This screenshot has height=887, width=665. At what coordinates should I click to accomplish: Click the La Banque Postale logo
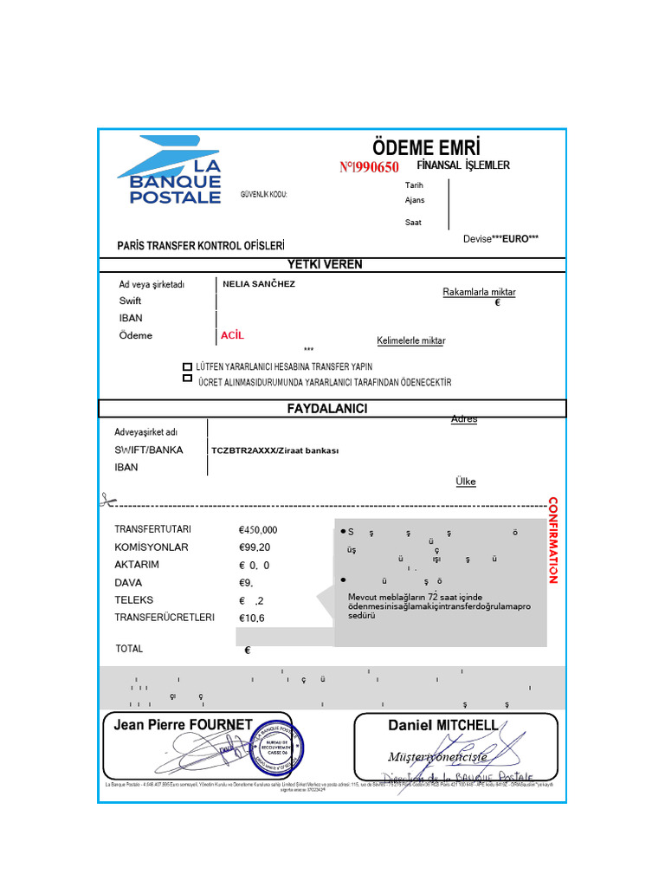click(169, 171)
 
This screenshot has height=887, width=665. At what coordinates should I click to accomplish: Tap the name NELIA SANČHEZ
click(259, 284)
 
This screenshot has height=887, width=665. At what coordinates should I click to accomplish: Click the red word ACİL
click(232, 334)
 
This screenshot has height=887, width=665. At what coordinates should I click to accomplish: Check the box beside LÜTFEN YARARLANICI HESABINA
click(188, 366)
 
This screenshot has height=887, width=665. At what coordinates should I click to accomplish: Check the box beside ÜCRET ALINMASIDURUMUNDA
click(188, 379)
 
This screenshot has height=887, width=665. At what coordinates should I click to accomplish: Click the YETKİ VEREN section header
click(325, 264)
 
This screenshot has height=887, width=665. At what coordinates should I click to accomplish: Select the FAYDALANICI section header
click(327, 408)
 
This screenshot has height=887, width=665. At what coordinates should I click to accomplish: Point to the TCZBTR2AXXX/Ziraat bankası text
click(274, 450)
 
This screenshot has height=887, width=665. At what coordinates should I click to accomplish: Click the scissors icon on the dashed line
click(107, 500)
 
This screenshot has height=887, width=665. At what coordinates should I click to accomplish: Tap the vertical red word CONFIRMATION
click(552, 541)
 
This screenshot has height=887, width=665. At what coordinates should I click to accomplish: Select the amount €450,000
click(258, 530)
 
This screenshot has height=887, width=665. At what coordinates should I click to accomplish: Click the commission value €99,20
click(255, 547)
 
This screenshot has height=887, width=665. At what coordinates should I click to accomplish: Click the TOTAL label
click(129, 649)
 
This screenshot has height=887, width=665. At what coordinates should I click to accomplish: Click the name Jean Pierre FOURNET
click(183, 725)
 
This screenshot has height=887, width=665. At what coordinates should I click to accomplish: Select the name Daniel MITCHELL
click(442, 725)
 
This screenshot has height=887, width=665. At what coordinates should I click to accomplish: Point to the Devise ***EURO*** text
click(500, 238)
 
